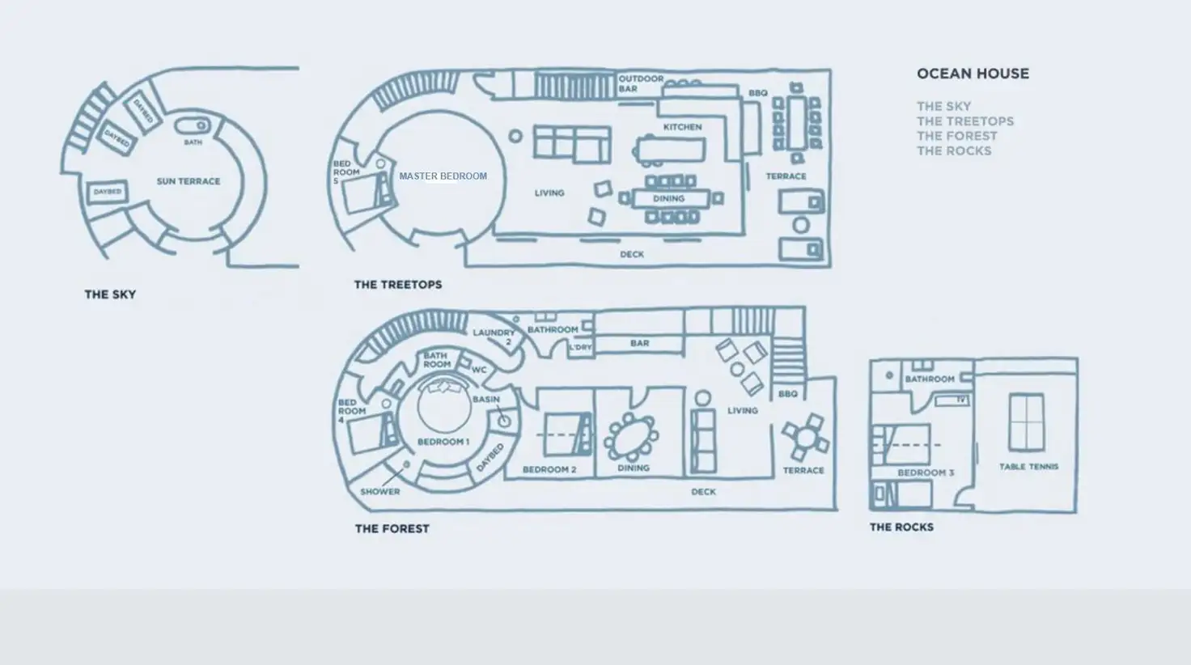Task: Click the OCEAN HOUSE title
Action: pyautogui.click(x=973, y=74)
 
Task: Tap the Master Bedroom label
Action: pyautogui.click(x=443, y=176)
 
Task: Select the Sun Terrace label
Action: pyautogui.click(x=188, y=181)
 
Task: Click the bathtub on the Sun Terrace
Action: pyautogui.click(x=193, y=126)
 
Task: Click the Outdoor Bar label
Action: pyautogui.click(x=641, y=83)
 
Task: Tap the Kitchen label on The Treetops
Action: pyautogui.click(x=682, y=127)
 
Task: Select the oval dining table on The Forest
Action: pyautogui.click(x=631, y=437)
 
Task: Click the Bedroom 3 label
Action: pyautogui.click(x=926, y=472)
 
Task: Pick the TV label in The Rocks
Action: pyautogui.click(x=961, y=400)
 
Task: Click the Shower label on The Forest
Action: pyautogui.click(x=379, y=491)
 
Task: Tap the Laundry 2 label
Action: pyautogui.click(x=494, y=337)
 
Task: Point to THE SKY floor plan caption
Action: pyautogui.click(x=110, y=294)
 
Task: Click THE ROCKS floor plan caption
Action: pyautogui.click(x=901, y=527)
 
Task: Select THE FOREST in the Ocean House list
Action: pyautogui.click(x=956, y=136)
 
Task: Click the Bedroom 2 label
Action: pyautogui.click(x=549, y=469)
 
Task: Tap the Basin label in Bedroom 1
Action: pyautogui.click(x=485, y=400)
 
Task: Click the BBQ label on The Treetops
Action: pyautogui.click(x=757, y=94)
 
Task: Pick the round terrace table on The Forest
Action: pyautogui.click(x=805, y=438)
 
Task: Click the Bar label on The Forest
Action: pyautogui.click(x=639, y=343)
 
